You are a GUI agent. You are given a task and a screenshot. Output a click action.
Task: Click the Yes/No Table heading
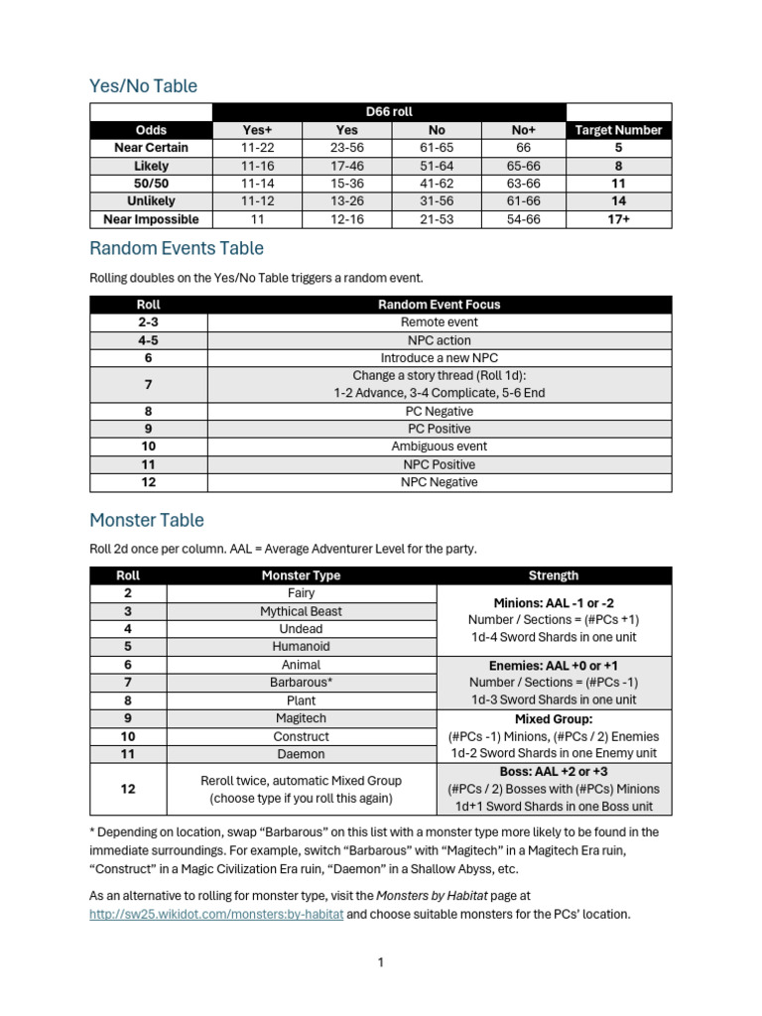(143, 86)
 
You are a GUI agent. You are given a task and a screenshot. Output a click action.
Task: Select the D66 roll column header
(389, 112)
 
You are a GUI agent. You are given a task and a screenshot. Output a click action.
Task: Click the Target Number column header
(618, 130)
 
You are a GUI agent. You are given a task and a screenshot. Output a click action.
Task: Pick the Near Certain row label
(151, 148)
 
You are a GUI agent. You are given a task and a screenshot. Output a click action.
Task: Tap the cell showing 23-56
(346, 148)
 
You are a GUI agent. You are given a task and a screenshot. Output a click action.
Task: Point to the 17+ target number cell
(618, 219)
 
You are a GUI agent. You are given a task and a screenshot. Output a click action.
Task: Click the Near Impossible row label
(151, 219)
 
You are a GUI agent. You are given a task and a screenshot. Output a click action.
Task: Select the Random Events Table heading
(177, 248)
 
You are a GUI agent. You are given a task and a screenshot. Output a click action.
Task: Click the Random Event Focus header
(439, 305)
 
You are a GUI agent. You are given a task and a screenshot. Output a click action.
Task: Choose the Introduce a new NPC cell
(439, 358)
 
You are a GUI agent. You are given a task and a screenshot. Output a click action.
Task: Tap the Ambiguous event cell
(439, 446)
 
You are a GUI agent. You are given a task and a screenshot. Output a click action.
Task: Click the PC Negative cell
(439, 411)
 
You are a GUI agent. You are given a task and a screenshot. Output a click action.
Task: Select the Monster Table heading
(147, 520)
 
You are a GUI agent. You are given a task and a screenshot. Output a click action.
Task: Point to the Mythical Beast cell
(301, 611)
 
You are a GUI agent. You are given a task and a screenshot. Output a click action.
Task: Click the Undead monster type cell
(301, 629)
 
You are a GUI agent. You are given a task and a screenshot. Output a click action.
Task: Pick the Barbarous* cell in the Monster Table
(301, 683)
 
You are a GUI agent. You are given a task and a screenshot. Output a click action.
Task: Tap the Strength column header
(554, 575)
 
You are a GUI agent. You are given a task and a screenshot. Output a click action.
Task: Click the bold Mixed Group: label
(554, 718)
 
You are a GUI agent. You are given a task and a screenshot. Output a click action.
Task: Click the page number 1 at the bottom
(380, 962)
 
